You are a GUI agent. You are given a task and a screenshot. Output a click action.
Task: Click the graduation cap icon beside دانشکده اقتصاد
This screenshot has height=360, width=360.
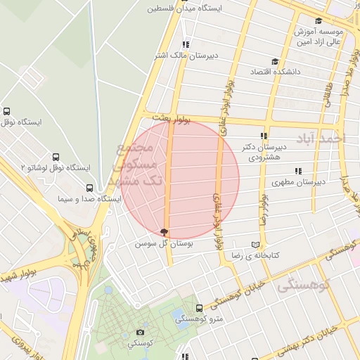(x=275, y=62)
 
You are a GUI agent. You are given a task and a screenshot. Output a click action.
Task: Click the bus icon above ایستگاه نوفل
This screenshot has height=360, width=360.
(x=6, y=111)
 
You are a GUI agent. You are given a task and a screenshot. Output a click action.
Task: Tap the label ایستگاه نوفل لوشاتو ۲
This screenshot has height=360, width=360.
(x=56, y=167)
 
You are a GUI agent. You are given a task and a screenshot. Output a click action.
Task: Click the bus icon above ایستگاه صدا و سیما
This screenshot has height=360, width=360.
(x=89, y=188)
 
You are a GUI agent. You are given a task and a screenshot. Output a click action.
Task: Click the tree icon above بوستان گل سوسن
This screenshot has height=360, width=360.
(x=165, y=231)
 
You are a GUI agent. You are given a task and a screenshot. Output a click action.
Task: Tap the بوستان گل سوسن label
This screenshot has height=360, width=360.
(x=165, y=243)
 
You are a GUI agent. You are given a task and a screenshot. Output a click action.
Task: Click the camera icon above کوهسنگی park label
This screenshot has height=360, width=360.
(x=140, y=332)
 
